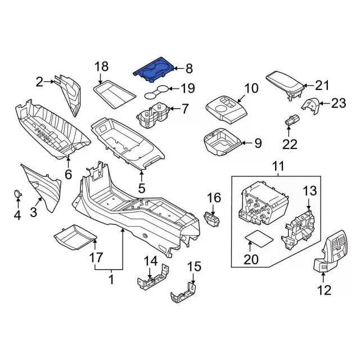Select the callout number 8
pyautogui.click(x=188, y=69)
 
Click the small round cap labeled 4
pyautogui.click(x=19, y=194)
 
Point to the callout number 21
pyautogui.click(x=321, y=85)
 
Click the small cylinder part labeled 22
pyautogui.click(x=292, y=120)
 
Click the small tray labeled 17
pyautogui.click(x=75, y=238)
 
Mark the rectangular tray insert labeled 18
pyautogui.click(x=110, y=92)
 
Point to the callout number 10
pyautogui.click(x=251, y=88)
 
